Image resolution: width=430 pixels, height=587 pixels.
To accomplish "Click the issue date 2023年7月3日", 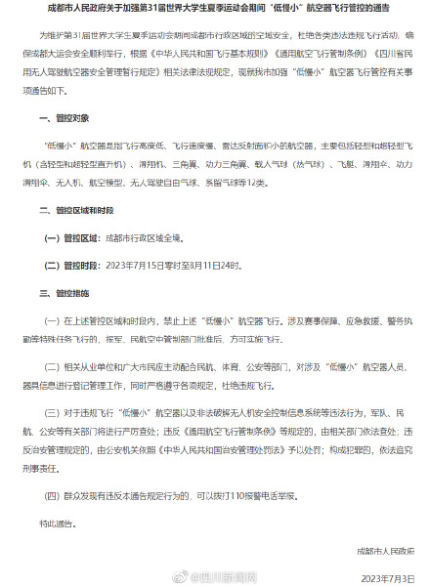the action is (388, 577).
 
